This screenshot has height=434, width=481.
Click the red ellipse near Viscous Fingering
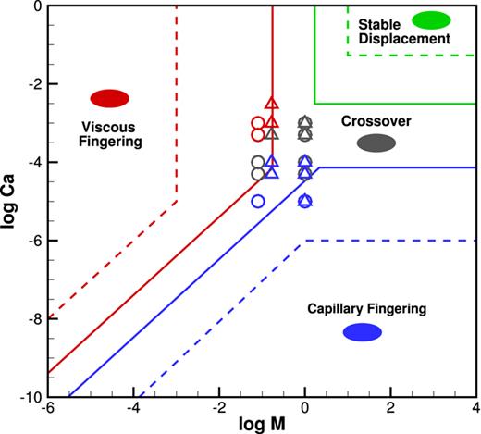pos(109,97)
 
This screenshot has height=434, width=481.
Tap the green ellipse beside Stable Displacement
pos(431,19)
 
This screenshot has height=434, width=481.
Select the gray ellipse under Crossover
pos(376,143)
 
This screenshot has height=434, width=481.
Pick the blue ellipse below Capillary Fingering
pos(362,332)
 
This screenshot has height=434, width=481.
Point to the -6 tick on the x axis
pos(47,409)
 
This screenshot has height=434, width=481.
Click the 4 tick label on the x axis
pos(475,409)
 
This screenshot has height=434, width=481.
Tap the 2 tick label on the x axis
pos(390,409)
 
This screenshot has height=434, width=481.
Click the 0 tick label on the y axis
pos(38,6)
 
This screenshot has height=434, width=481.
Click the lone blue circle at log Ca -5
pos(258,201)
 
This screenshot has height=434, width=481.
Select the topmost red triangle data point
pos(272,105)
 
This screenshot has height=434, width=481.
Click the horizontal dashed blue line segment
pos(388,241)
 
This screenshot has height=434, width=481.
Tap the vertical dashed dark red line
pos(177,102)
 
